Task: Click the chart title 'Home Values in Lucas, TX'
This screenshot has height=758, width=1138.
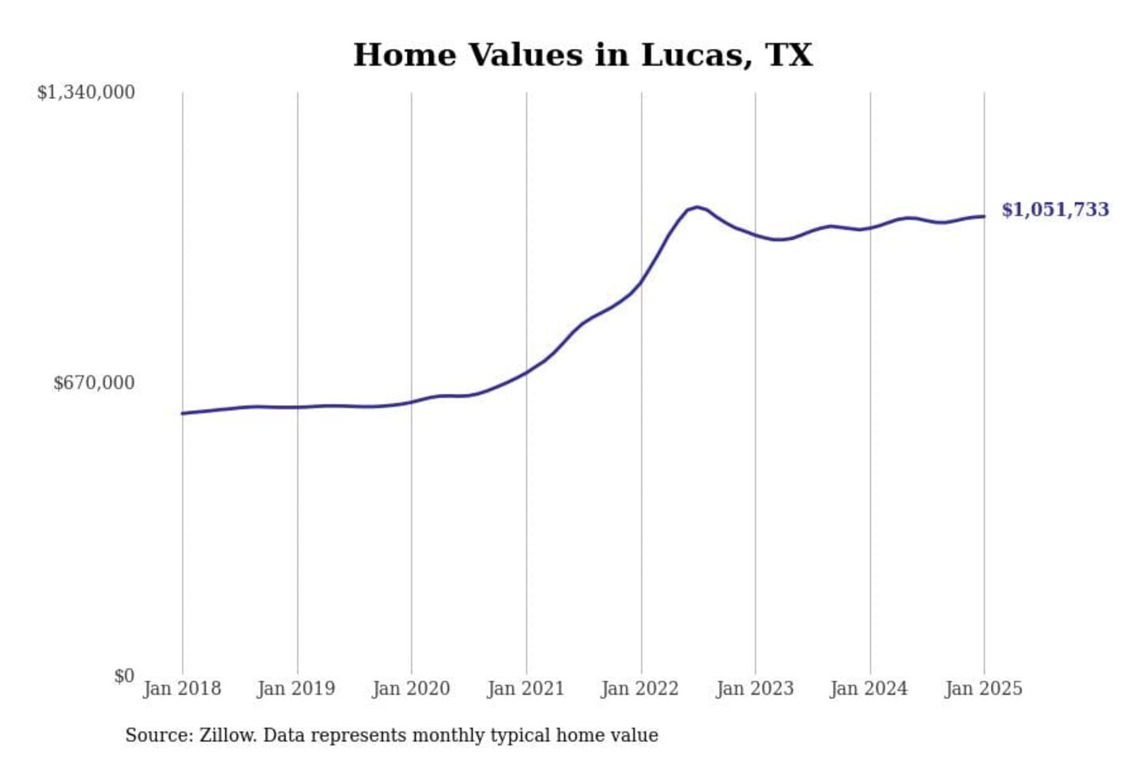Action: coord(582,55)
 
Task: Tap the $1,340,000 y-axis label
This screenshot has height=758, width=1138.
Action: coord(86,92)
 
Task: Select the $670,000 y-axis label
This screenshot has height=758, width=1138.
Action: coord(94,383)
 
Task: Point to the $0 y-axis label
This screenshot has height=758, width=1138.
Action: coord(124,676)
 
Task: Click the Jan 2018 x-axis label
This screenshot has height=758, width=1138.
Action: coord(182,689)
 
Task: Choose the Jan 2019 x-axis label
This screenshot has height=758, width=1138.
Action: coord(296,689)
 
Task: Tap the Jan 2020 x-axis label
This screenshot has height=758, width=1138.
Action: coord(411,689)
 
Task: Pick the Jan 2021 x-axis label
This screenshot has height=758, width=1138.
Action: coord(526,689)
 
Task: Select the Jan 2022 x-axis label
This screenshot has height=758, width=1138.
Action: coord(640,689)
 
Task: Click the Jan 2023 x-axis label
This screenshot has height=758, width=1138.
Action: coord(755,689)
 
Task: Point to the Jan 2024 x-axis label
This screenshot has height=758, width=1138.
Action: coord(869,689)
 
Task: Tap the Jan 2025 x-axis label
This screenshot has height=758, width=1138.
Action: coord(984,689)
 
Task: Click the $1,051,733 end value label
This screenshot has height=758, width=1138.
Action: coord(1055,209)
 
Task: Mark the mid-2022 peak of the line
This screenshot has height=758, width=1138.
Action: coord(696,207)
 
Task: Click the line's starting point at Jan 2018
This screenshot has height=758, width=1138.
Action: coord(183,413)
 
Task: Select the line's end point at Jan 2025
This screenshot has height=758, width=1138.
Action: coord(984,216)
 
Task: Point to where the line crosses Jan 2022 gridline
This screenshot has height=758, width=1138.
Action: coord(641,282)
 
